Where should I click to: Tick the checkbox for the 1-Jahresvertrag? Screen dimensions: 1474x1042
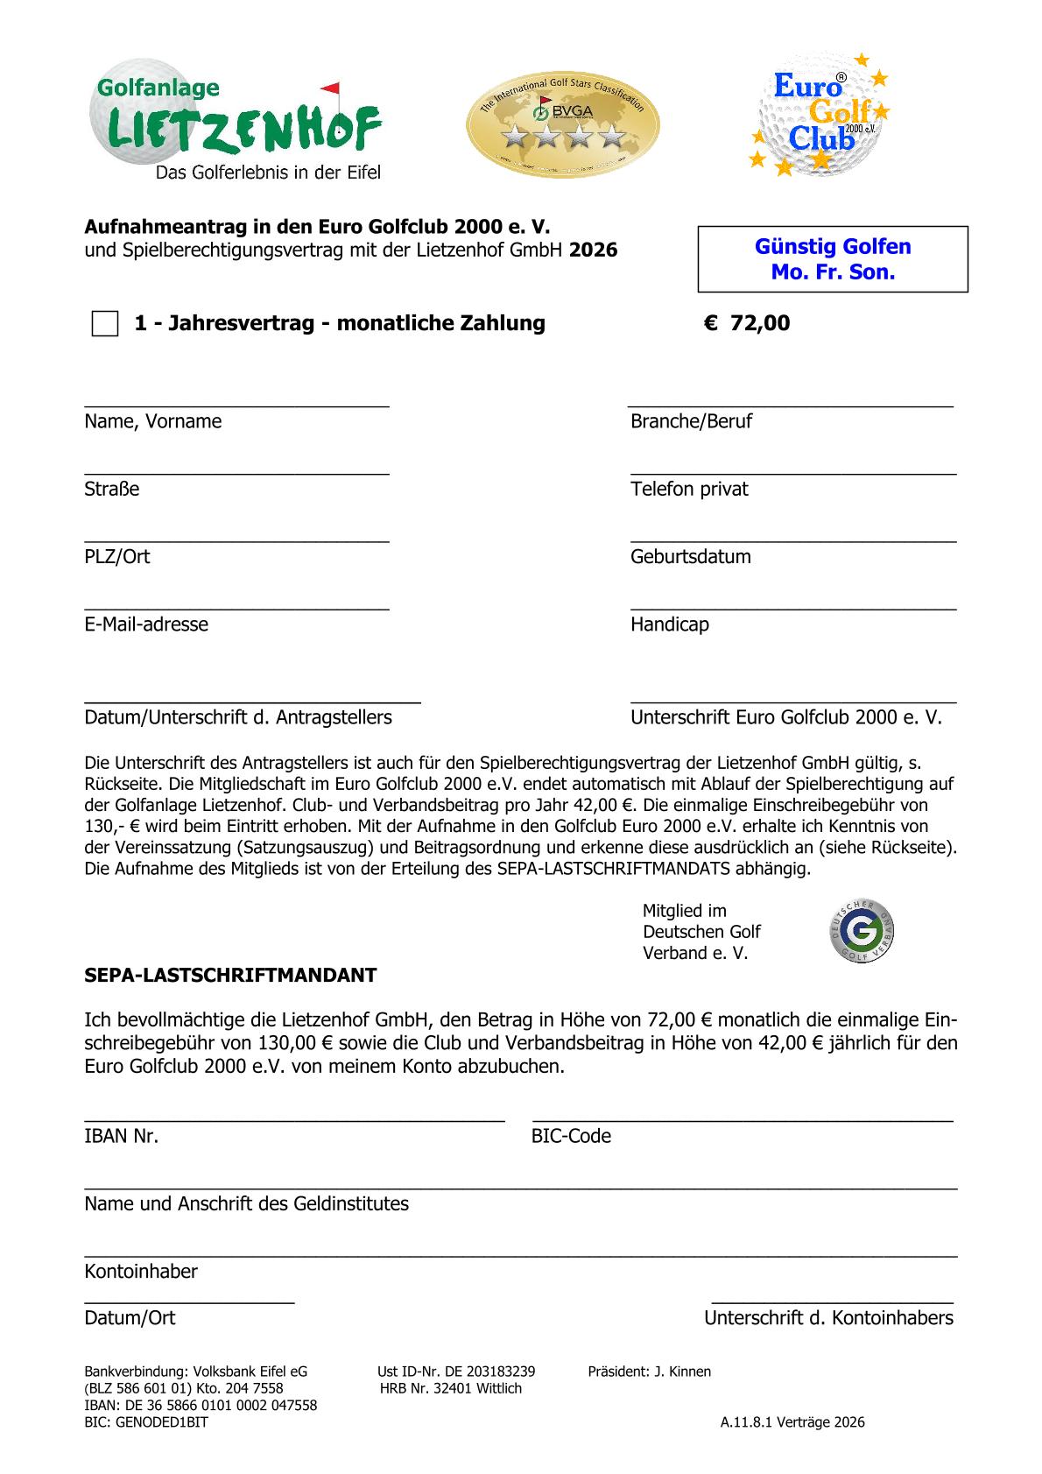click(105, 323)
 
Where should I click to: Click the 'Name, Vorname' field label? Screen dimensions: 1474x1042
click(153, 421)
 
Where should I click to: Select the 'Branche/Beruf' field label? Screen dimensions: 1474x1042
click(691, 421)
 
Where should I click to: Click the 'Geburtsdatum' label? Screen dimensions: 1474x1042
click(690, 557)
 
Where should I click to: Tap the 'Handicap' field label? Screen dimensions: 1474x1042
click(669, 624)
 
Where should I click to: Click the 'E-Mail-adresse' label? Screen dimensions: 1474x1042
click(146, 624)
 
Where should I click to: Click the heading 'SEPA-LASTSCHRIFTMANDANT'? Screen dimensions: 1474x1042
click(230, 976)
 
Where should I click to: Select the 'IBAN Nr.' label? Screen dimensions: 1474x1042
click(121, 1136)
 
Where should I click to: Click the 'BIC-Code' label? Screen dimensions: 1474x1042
click(571, 1136)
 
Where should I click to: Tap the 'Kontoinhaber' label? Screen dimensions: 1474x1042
click(141, 1271)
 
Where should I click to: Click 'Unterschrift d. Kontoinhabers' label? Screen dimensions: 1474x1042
click(828, 1318)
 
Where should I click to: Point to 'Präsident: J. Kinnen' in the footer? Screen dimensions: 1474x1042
click(649, 1372)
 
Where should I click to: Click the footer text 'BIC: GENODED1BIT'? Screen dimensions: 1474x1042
click(146, 1422)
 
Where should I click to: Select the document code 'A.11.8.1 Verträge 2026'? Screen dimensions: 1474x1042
click(792, 1422)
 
